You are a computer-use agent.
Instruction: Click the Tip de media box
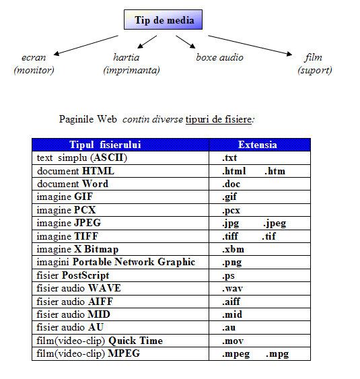(163, 20)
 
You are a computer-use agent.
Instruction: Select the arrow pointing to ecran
(85, 45)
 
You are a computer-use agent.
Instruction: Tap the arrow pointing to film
(250, 46)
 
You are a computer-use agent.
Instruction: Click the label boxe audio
(219, 57)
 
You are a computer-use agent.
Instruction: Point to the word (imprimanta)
(131, 70)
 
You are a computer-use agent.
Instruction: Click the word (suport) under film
(315, 70)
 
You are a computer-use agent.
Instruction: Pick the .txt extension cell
(260, 158)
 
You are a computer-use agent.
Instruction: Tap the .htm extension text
(275, 171)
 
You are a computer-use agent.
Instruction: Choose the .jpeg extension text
(275, 223)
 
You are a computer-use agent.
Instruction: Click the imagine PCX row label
(66, 210)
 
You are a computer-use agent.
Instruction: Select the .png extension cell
(260, 263)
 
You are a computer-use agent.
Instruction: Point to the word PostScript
(85, 275)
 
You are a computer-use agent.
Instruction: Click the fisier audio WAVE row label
(79, 288)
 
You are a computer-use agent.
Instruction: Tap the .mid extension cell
(260, 314)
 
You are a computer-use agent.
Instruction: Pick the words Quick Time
(135, 341)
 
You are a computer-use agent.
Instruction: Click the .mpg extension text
(277, 354)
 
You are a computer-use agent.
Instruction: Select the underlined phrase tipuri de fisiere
(219, 119)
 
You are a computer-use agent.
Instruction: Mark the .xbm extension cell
(260, 249)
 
